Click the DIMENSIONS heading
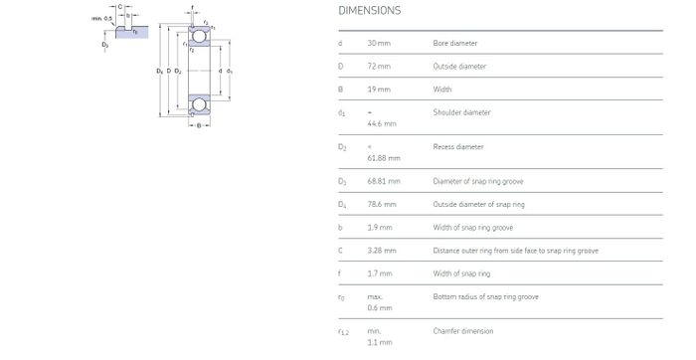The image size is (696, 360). pyautogui.click(x=369, y=11)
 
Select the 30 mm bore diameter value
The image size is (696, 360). pyautogui.click(x=379, y=43)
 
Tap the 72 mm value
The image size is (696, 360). pyautogui.click(x=379, y=67)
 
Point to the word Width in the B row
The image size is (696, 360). pyautogui.click(x=442, y=90)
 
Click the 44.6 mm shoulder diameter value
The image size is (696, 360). pyautogui.click(x=382, y=123)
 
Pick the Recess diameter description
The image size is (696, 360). pyautogui.click(x=458, y=146)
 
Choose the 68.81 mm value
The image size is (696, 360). pyautogui.click(x=384, y=181)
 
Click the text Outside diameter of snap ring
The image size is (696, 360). pyautogui.click(x=479, y=204)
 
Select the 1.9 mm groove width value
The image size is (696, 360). pyautogui.click(x=380, y=228)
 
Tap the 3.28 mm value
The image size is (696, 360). pyautogui.click(x=382, y=251)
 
